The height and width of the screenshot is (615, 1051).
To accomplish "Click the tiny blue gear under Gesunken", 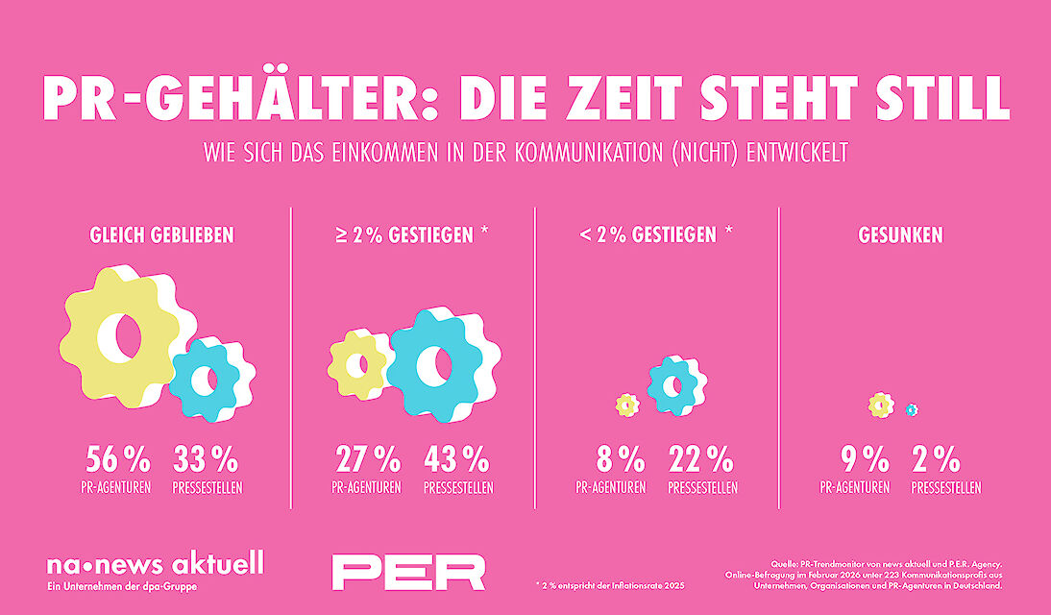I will click(911, 409).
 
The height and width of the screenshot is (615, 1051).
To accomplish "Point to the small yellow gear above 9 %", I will click(880, 405).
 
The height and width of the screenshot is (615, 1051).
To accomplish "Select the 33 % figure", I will click(206, 458).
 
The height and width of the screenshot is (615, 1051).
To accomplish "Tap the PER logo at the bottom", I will click(408, 571).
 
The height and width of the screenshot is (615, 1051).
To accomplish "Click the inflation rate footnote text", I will click(611, 584).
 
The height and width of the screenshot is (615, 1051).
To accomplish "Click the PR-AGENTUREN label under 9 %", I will click(854, 488).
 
